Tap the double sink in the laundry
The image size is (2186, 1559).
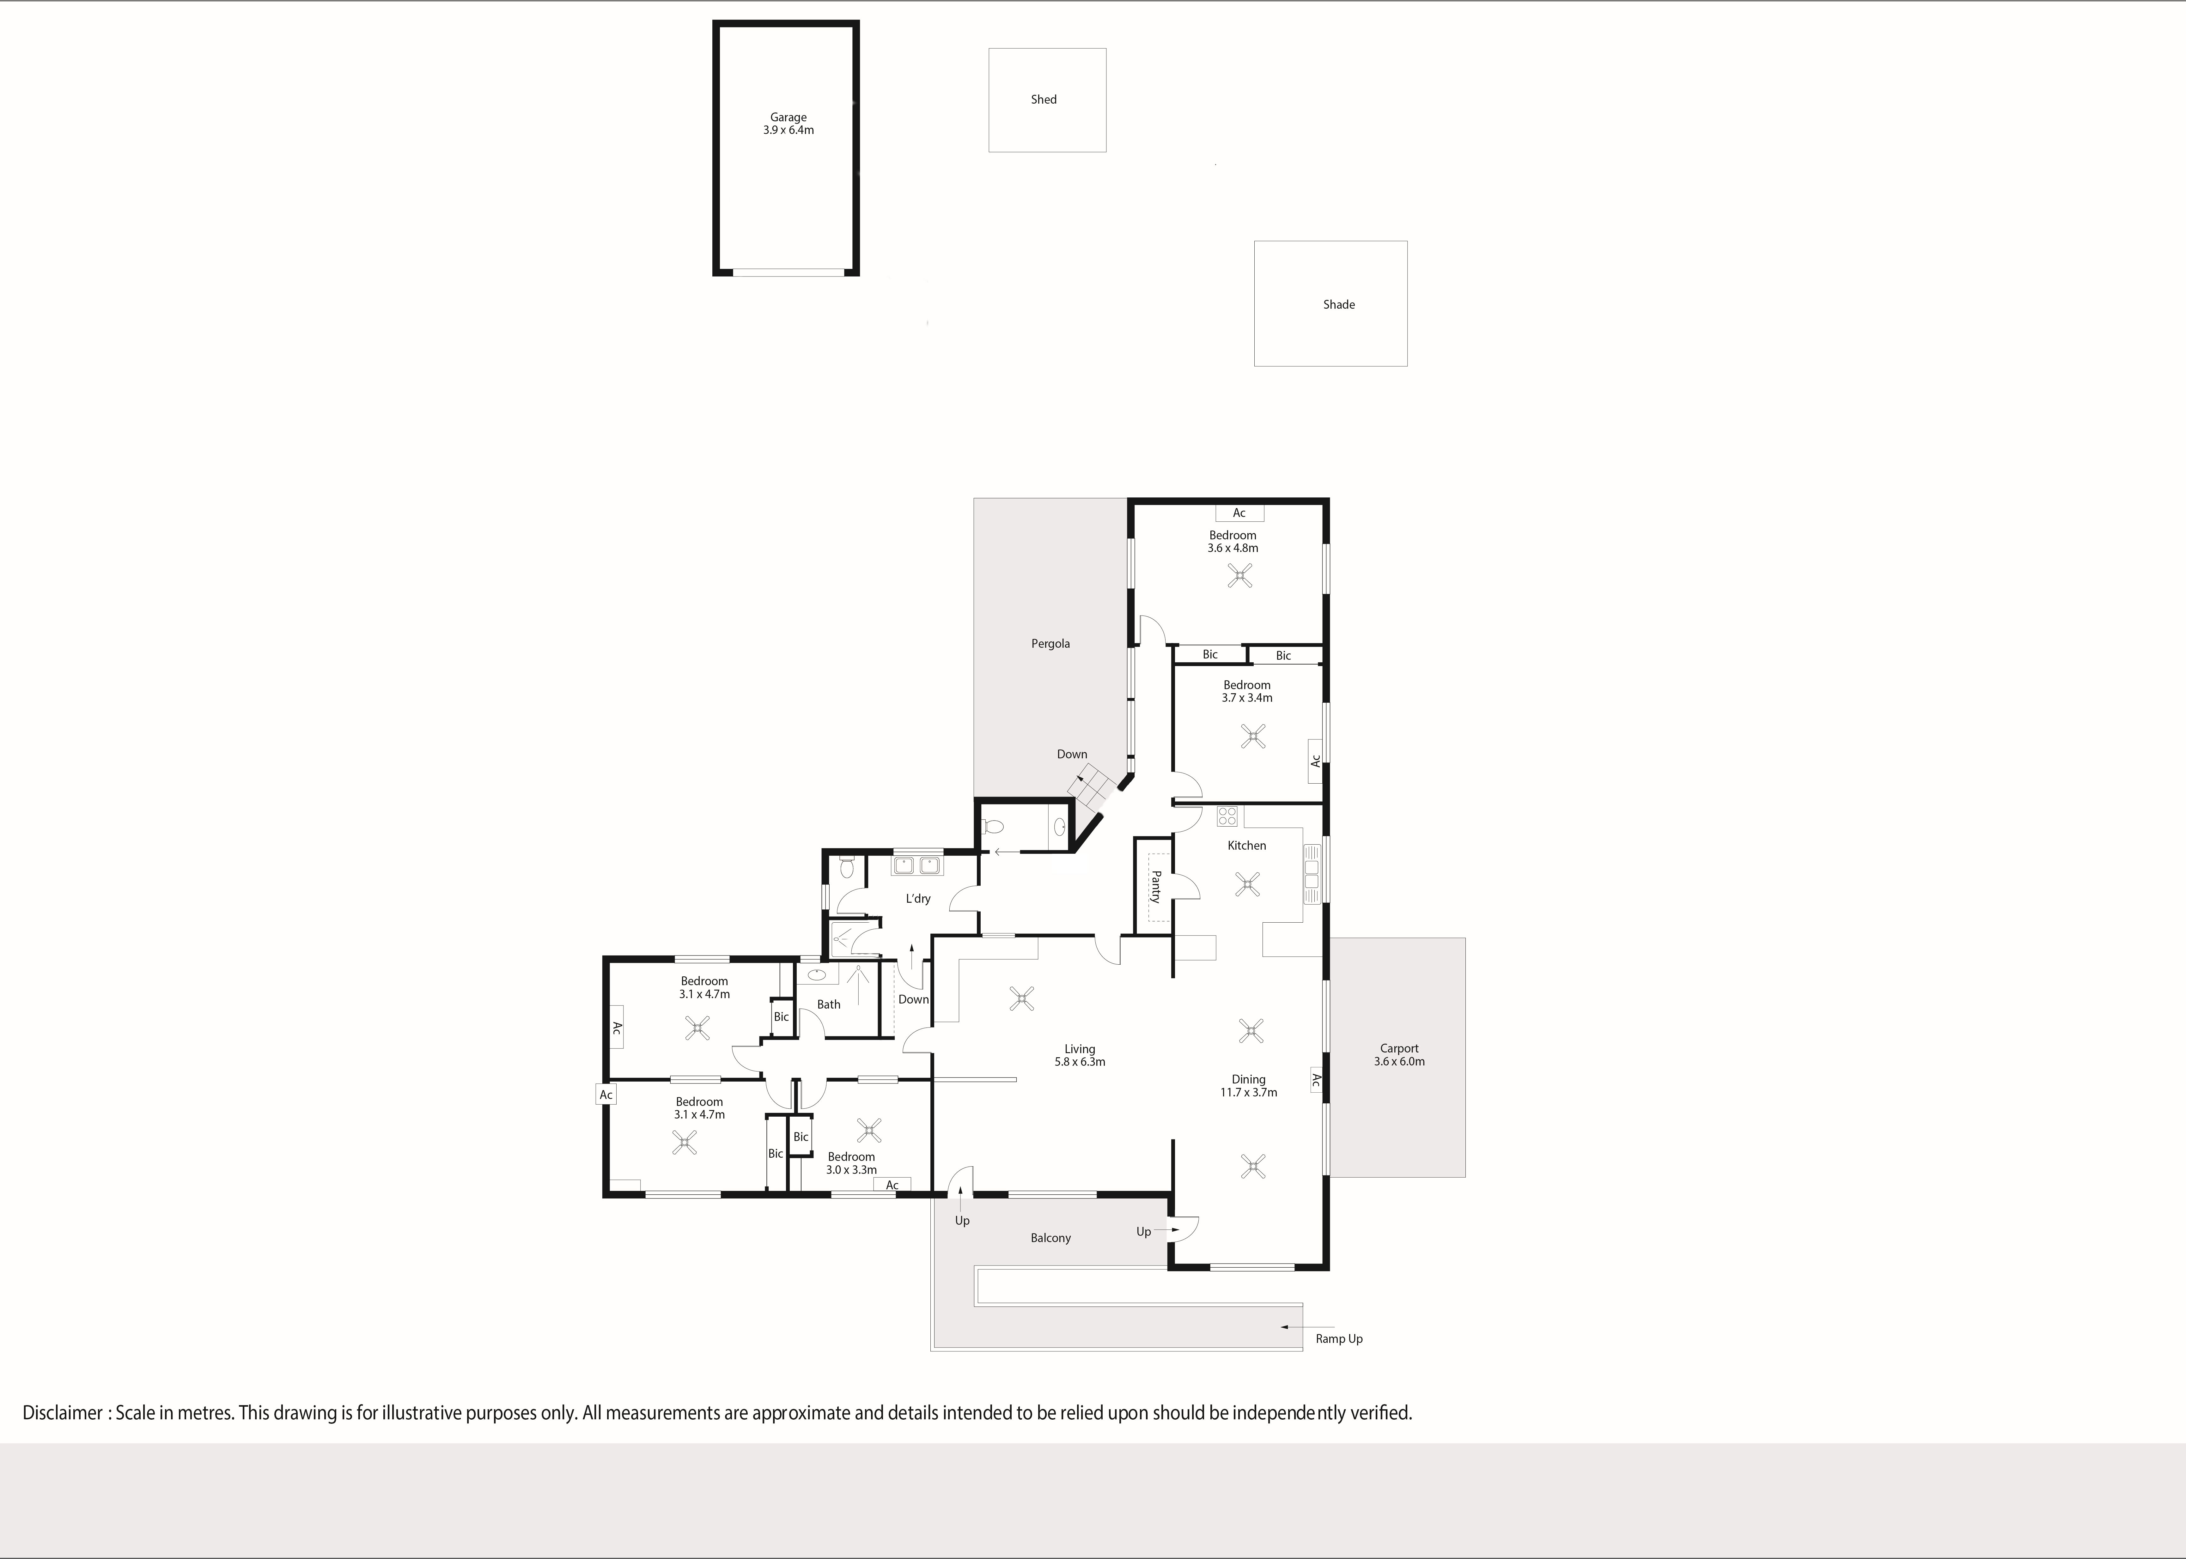[917, 866]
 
